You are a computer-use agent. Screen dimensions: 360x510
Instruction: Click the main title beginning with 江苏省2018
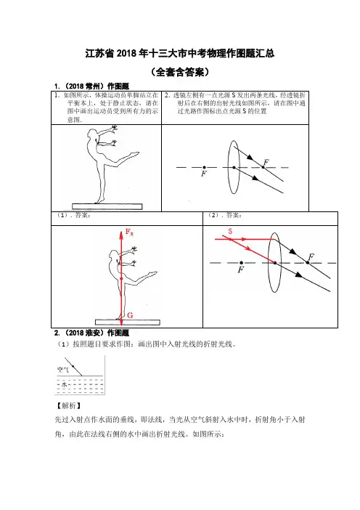180,53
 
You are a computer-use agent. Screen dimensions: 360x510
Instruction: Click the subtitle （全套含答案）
180,72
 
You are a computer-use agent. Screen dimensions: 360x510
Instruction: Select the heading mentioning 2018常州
91,86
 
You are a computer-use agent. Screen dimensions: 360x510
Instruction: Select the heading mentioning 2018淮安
91,333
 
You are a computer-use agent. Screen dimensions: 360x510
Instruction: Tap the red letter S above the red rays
230,232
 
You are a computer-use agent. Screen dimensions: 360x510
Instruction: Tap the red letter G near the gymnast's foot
130,315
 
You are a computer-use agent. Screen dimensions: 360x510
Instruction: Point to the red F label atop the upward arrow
129,232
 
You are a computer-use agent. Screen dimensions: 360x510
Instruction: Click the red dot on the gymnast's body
121,279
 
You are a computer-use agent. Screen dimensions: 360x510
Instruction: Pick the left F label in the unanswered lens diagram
204,174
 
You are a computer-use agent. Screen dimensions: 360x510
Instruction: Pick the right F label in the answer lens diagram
311,257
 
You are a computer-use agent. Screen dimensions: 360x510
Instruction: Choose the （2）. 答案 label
225,215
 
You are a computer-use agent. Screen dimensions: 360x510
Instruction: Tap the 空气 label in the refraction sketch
63,370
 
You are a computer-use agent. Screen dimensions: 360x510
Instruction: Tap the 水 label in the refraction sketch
65,384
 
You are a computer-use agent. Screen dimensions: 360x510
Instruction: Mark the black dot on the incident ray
73,367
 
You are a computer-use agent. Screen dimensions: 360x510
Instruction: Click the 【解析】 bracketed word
68,405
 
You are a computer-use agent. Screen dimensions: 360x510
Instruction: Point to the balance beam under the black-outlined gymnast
107,206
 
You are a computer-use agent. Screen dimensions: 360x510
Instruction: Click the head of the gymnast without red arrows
92,133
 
